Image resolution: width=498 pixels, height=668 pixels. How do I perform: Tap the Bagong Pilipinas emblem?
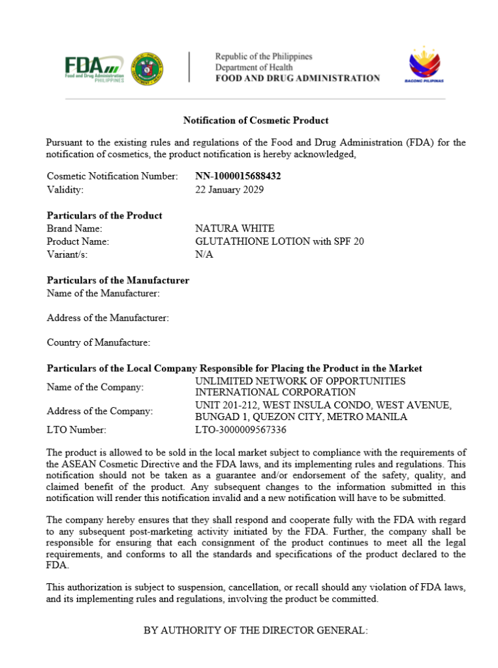(426, 65)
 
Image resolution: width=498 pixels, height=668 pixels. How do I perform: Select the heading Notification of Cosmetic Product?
(256, 120)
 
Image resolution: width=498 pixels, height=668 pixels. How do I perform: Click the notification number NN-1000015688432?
(238, 176)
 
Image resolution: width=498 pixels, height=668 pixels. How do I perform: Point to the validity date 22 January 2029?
(230, 190)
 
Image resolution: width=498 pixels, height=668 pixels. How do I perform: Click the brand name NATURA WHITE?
(235, 228)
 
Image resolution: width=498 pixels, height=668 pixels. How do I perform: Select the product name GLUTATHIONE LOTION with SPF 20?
(279, 241)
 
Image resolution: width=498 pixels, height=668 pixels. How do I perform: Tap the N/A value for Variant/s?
(204, 254)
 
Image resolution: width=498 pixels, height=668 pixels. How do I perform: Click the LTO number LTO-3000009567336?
(241, 430)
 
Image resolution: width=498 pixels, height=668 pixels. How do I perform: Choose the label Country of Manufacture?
(99, 342)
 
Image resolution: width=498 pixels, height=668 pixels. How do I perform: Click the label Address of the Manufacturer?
(108, 318)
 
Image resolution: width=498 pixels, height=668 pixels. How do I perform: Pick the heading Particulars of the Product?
(104, 215)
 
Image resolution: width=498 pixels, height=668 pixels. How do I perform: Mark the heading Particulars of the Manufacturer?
(118, 281)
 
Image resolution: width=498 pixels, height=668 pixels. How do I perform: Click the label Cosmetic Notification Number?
(112, 176)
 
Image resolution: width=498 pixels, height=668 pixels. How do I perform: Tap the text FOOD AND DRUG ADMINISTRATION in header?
(298, 78)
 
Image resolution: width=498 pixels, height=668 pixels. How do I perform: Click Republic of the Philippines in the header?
(264, 57)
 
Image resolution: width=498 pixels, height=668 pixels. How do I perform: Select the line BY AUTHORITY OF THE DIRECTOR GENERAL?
(256, 631)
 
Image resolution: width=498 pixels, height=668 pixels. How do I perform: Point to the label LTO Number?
(76, 430)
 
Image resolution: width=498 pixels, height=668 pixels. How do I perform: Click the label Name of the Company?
(95, 387)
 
